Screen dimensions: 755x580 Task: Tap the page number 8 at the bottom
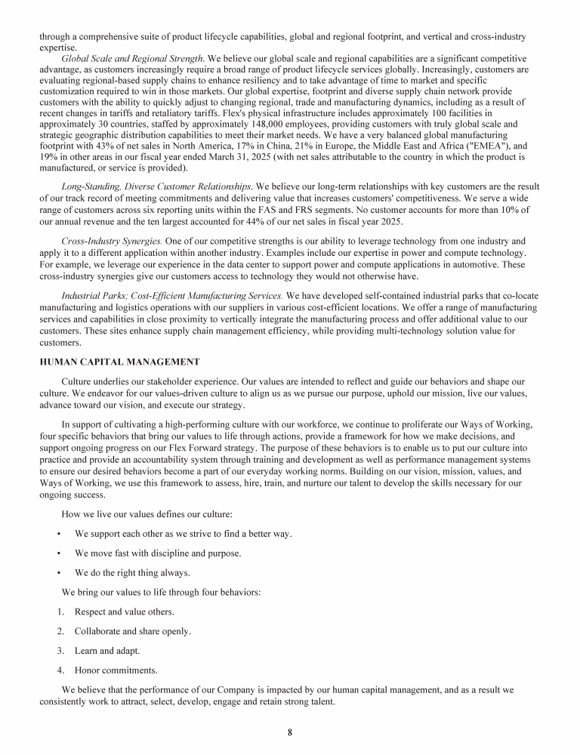point(290,732)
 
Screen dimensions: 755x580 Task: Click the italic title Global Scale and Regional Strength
point(132,58)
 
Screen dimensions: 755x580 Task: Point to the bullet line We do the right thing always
point(132,572)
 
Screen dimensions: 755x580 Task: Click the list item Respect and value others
point(124,612)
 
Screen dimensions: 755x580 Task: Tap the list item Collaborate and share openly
point(132,631)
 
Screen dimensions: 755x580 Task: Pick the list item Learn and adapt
point(106,650)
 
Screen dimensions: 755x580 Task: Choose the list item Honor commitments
point(116,670)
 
